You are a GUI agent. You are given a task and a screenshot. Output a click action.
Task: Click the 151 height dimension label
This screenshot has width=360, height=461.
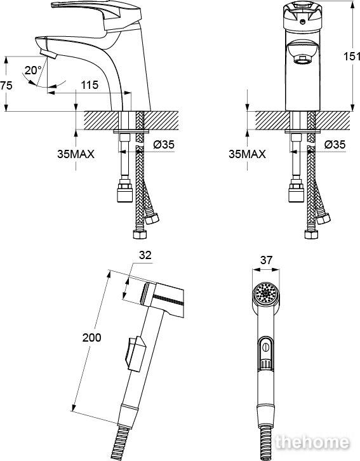(352, 56)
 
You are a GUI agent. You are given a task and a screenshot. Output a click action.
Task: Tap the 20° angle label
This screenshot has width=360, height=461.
(33, 70)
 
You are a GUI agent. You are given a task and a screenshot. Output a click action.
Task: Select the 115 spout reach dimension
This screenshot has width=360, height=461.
(90, 85)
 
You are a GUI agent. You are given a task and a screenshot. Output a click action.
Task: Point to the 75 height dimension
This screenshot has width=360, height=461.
(6, 86)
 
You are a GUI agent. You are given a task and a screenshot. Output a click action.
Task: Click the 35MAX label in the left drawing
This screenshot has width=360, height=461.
(76, 154)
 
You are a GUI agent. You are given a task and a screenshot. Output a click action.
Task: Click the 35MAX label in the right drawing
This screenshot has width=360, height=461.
(247, 154)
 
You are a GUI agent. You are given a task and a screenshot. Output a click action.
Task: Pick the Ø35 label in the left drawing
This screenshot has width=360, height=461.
(164, 144)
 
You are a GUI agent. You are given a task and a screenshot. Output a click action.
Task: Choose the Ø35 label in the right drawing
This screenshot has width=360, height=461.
(335, 144)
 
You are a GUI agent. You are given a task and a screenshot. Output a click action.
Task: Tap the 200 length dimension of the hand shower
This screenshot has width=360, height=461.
(91, 338)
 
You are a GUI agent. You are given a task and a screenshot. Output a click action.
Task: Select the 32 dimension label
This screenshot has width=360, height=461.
(145, 255)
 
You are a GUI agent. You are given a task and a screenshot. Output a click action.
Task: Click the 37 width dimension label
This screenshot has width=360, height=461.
(266, 260)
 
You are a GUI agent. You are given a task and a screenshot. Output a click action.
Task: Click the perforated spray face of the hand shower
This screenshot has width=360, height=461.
(266, 293)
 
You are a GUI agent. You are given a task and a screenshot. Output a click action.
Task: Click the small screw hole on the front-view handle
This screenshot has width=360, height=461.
(302, 21)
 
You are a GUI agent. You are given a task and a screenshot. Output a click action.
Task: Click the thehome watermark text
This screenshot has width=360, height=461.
(312, 442)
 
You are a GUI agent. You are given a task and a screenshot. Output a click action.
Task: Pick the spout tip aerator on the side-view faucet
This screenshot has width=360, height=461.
(48, 54)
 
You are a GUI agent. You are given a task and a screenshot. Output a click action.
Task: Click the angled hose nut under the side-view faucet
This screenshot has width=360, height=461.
(152, 218)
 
